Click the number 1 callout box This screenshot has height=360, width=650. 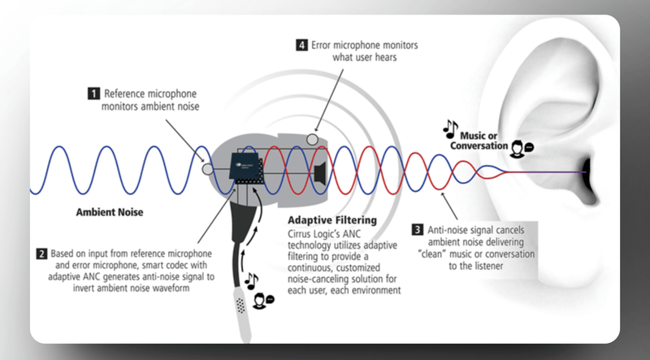(93, 93)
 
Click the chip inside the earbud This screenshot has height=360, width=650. (249, 165)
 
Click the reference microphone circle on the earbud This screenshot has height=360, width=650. (207, 171)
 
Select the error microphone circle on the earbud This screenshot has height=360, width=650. (312, 140)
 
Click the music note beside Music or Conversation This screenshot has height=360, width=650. (449, 128)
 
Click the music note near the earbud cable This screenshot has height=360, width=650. (253, 281)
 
